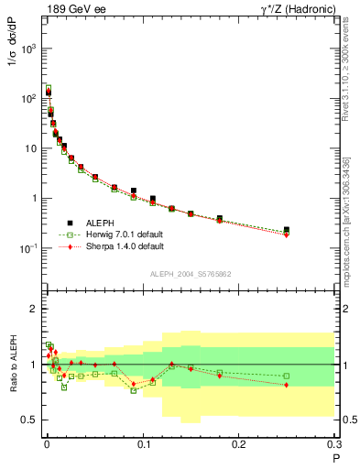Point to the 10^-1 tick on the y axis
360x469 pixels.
[x=29, y=248]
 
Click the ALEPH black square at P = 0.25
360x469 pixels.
[x=287, y=230]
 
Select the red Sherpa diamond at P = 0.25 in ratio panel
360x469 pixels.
[x=287, y=385]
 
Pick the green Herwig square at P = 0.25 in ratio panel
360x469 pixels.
[x=287, y=376]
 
